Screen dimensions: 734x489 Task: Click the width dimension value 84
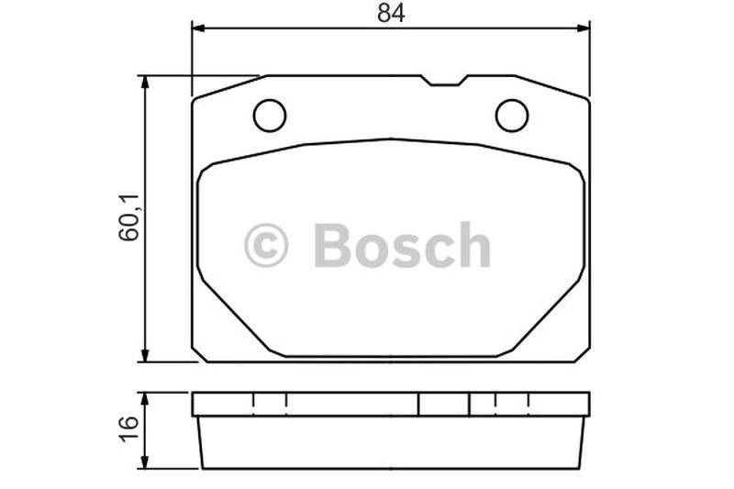(x=391, y=13)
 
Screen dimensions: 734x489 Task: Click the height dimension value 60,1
(x=129, y=217)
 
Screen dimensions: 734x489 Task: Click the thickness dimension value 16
(x=129, y=428)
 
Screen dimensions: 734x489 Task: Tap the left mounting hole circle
(x=270, y=116)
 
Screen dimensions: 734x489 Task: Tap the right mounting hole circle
(x=512, y=116)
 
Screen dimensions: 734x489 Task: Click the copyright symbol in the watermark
(x=266, y=245)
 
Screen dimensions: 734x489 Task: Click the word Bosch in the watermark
(x=403, y=245)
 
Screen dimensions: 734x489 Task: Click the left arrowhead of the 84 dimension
(x=198, y=28)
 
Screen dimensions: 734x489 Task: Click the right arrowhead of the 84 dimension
(x=584, y=28)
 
